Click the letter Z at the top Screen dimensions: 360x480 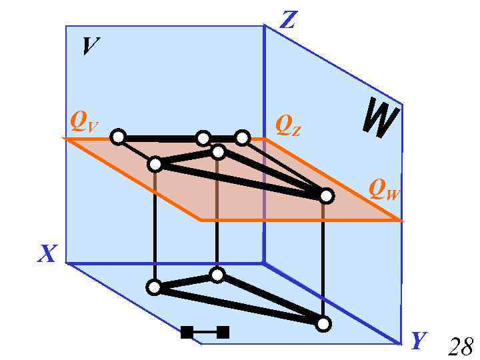click(287, 20)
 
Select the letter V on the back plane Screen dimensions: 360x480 click(91, 46)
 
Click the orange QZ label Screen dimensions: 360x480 click(288, 125)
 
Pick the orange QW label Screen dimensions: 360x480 click(385, 193)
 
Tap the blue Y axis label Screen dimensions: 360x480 click(419, 341)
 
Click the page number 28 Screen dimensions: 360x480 click(461, 347)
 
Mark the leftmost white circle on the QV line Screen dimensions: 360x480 click(118, 137)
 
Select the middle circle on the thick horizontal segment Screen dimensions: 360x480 click(204, 138)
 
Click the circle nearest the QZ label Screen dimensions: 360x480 click(243, 138)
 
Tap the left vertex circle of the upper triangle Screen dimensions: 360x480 click(155, 163)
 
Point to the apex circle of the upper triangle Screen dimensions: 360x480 click(218, 153)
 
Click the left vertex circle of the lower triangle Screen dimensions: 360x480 click(154, 288)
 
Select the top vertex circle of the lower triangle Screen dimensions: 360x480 click(217, 274)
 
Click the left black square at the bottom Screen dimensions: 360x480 click(187, 331)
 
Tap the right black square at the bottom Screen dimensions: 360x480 click(223, 331)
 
